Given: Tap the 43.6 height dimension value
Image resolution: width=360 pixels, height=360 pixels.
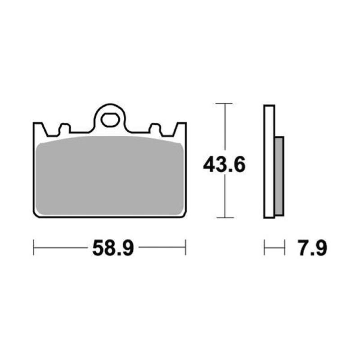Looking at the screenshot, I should coord(224,165).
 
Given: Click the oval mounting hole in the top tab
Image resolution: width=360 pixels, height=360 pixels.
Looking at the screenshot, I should coord(109,120).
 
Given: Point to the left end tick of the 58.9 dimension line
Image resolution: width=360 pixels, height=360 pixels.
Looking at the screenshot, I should coord(34,247).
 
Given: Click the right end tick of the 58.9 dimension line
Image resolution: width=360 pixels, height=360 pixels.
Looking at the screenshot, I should coord(185,247).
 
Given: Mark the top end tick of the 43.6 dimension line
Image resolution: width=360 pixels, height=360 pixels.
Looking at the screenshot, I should coord(224,104).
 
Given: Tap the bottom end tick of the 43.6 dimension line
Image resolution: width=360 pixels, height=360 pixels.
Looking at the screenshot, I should coord(224,217).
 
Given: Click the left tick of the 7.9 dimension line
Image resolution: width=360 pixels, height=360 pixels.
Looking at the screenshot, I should coord(265,247).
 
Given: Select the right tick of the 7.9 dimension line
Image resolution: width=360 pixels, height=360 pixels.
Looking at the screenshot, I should coord(284,247).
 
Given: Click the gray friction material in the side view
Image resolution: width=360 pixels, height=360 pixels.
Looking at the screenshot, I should coord(279,175).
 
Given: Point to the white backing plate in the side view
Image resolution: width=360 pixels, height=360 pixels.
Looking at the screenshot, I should coord(269,162).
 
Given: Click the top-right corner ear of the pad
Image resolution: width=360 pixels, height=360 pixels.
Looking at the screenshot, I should coord(181,127).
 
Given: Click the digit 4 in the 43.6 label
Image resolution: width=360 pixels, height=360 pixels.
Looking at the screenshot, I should coord(210,165).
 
